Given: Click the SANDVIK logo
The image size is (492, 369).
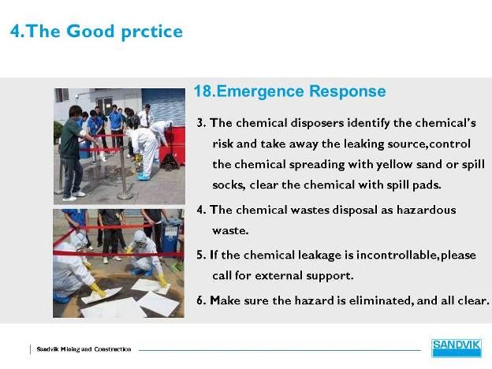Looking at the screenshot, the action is pyautogui.click(x=457, y=348).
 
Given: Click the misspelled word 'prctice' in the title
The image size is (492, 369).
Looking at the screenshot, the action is pyautogui.click(x=151, y=32).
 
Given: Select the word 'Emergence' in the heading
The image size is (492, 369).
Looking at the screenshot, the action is pyautogui.click(x=260, y=91).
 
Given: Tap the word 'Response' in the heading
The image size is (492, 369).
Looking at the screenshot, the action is pyautogui.click(x=348, y=91).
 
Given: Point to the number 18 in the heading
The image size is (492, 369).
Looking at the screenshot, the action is pyautogui.click(x=203, y=91).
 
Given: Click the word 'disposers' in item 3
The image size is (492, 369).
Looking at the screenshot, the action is pyautogui.click(x=317, y=123).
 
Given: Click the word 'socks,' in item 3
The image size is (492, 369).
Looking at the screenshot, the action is pyautogui.click(x=229, y=184).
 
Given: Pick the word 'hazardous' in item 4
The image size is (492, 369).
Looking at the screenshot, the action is pyautogui.click(x=426, y=210).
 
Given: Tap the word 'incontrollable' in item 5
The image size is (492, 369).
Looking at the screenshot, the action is pyautogui.click(x=397, y=255).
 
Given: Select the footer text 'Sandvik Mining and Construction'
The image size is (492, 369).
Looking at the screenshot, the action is pyautogui.click(x=84, y=349).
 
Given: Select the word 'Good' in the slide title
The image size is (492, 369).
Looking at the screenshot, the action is pyautogui.click(x=91, y=31).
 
